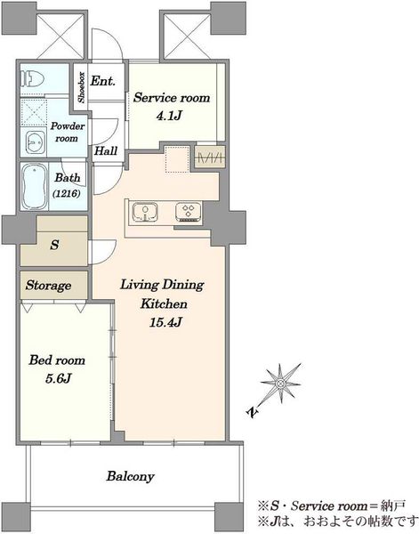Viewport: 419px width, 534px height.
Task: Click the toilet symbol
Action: pyautogui.click(x=32, y=79)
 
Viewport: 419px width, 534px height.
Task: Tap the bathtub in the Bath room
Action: pyautogui.click(x=34, y=186)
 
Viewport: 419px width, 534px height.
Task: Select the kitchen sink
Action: pyautogui.click(x=145, y=213)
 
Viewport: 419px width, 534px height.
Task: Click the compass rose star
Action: pyautogui.click(x=281, y=384)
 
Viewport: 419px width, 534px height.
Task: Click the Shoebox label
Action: pyautogui.click(x=81, y=87)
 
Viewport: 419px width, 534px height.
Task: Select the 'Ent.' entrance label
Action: pyautogui.click(x=102, y=81)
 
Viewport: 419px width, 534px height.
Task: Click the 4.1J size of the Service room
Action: pyautogui.click(x=168, y=116)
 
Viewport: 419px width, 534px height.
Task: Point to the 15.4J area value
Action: pyautogui.click(x=165, y=322)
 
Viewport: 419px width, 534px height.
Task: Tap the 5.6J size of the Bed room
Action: pyautogui.click(x=58, y=378)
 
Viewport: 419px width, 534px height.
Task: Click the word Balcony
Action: pyautogui.click(x=131, y=476)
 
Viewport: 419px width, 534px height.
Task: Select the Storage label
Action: pyautogui.click(x=48, y=286)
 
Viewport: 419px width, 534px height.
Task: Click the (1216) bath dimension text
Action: pyautogui.click(x=67, y=194)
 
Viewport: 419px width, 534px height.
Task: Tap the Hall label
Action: pyautogui.click(x=106, y=151)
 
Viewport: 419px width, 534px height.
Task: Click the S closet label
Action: pyautogui.click(x=54, y=245)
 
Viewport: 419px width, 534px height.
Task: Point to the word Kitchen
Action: pyautogui.click(x=164, y=303)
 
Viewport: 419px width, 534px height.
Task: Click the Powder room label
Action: pyautogui.click(x=68, y=133)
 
